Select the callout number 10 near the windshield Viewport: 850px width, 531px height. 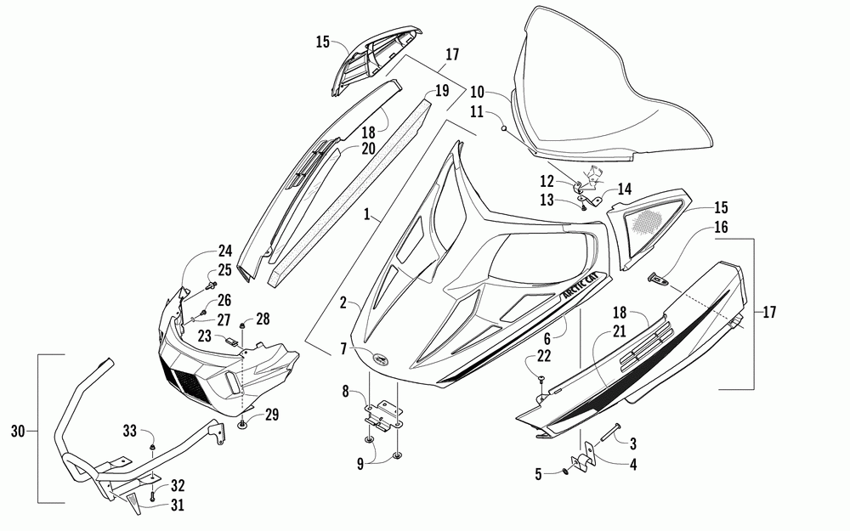click(476, 91)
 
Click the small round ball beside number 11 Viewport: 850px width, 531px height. click(503, 128)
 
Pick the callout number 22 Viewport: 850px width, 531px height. click(541, 357)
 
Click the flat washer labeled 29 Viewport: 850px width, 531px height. click(244, 422)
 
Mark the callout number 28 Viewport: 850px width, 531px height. click(263, 319)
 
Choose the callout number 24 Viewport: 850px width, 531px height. click(224, 251)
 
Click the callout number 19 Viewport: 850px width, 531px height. click(441, 91)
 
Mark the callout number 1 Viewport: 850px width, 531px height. click(366, 217)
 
